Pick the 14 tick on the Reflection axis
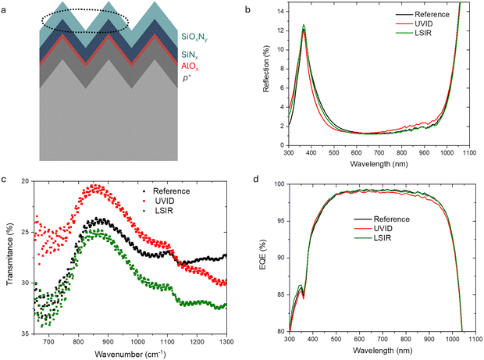click(x=279, y=8)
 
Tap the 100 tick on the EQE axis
click(x=276, y=184)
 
